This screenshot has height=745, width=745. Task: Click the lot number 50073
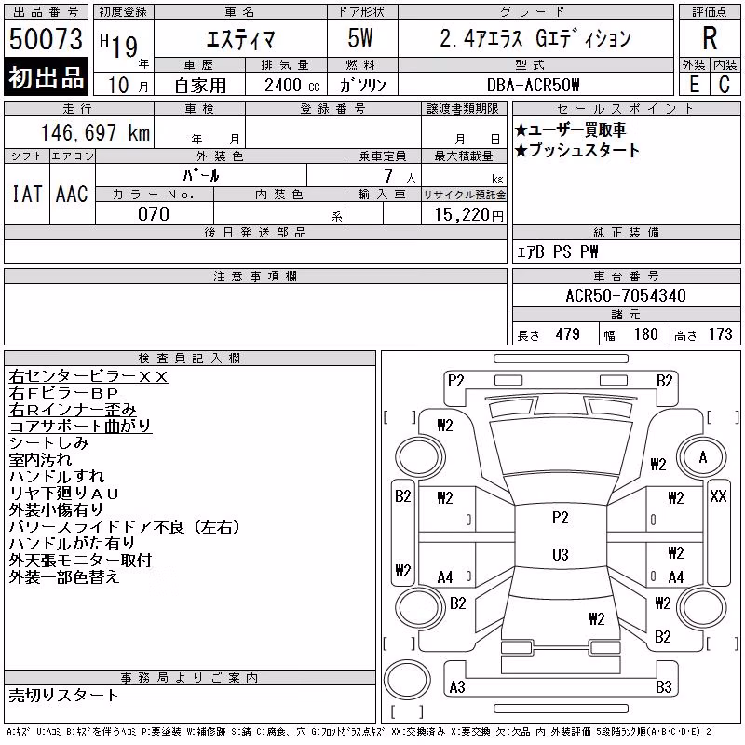pos(46,38)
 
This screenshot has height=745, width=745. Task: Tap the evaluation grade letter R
pos(710,38)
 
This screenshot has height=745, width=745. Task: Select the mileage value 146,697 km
pos(95,132)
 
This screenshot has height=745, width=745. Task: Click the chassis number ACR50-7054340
pos(626,295)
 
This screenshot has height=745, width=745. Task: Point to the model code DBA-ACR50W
pos(533,85)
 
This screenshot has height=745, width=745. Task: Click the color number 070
pos(154,214)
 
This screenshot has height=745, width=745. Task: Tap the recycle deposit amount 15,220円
pos(469,215)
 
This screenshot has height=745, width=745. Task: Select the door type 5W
pos(360,38)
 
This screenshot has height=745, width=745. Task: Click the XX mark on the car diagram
pos(718,496)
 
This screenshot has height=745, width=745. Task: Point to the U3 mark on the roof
pos(561,554)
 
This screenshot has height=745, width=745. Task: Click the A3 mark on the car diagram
pos(457,687)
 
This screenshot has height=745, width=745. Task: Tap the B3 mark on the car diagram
pos(663,687)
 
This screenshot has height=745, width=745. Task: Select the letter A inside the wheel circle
pos(703,457)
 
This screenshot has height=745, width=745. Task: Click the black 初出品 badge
pos(46,77)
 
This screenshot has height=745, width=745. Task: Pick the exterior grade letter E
pos(694,85)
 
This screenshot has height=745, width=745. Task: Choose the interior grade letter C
pos(725,85)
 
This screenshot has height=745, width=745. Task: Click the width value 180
pos(645,334)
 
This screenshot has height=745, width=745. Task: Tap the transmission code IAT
pos(27,194)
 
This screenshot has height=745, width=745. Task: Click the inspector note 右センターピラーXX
pos(88,377)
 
